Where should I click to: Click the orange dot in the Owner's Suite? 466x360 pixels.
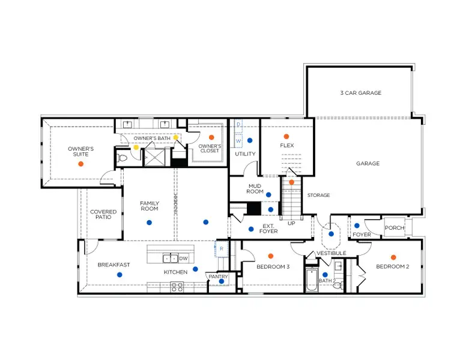click(80, 163)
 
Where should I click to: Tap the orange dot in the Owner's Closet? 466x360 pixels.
click(211, 137)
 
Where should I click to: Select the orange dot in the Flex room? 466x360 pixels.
click(286, 137)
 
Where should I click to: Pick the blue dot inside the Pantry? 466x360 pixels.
click(222, 281)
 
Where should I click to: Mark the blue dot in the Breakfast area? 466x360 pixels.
click(120, 274)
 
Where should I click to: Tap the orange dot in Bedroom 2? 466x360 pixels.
click(393, 257)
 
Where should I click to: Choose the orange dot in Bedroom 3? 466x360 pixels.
click(270, 256)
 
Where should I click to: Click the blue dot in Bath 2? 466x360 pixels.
click(325, 275)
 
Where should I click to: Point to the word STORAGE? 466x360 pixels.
click(318, 195)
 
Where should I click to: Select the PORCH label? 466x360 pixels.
click(395, 227)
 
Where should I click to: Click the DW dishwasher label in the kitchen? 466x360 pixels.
click(183, 259)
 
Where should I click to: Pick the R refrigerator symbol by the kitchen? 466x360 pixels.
click(221, 248)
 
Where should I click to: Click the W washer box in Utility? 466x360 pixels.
click(238, 141)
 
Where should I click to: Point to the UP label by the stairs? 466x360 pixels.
click(291, 223)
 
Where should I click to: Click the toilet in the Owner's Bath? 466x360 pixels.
click(124, 158)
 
